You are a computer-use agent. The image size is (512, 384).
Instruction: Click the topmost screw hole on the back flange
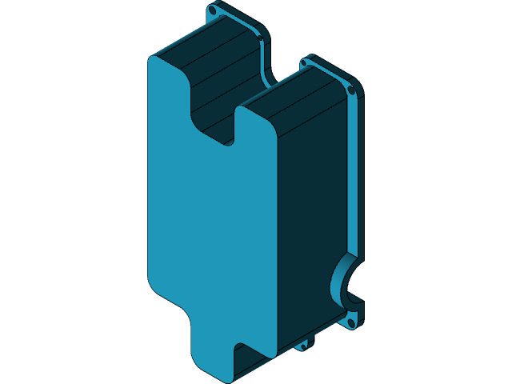click(212, 12)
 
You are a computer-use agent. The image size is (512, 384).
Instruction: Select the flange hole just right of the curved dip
click(304, 62)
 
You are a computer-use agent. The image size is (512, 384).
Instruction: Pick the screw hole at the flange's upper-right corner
click(350, 89)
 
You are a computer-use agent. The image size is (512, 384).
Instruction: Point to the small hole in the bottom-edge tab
click(303, 346)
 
